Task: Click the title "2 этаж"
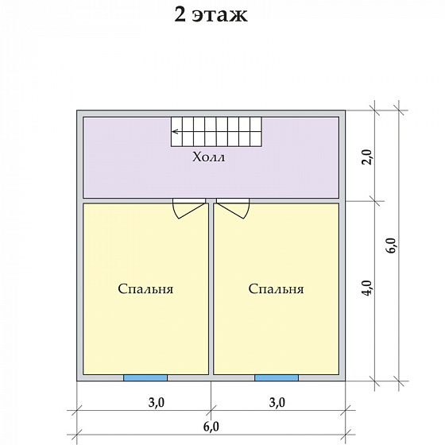point(211,15)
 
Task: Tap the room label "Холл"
point(208,157)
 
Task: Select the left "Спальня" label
point(145,289)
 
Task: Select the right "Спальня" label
point(277,289)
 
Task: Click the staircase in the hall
point(216,132)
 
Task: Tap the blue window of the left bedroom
point(145,377)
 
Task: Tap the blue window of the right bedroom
point(277,377)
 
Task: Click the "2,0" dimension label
point(368,157)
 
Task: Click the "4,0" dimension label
point(368,288)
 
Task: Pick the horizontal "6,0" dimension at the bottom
point(211,427)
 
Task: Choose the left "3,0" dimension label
point(157,402)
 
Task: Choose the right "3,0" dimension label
point(277,402)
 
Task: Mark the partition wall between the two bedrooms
point(211,289)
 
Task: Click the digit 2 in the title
point(180,15)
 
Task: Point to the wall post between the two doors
point(211,201)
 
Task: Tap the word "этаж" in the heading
point(219,17)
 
